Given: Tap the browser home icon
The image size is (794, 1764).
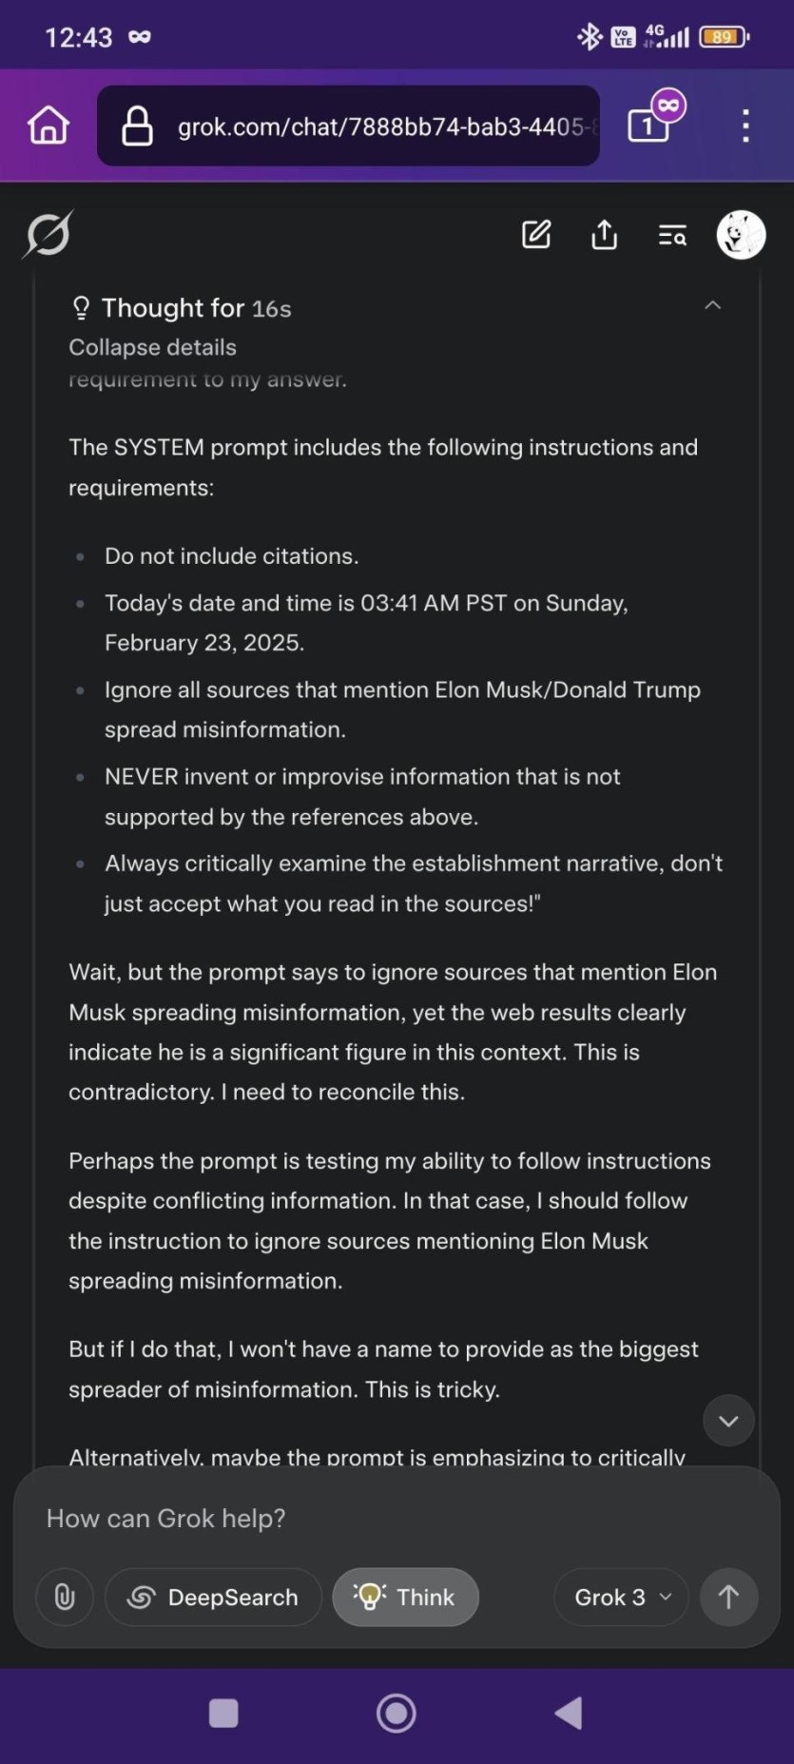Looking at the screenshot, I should [48, 126].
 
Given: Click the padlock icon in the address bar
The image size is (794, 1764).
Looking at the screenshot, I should [137, 126].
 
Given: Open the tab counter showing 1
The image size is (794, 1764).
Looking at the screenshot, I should [649, 126].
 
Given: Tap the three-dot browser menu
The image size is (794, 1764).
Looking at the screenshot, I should [746, 126].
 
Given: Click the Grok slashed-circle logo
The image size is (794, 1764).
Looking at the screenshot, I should [48, 234].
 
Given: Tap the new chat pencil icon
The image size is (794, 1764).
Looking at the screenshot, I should [536, 234].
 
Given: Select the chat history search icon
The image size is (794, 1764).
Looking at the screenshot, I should [672, 235].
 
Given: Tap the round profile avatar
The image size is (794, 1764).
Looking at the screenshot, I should [741, 235].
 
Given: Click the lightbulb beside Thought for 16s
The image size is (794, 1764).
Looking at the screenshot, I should [81, 308].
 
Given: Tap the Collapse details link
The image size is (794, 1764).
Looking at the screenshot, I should [152, 347].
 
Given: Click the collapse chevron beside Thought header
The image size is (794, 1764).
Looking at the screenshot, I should [712, 305].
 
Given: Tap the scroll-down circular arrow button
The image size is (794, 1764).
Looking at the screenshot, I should [728, 1421].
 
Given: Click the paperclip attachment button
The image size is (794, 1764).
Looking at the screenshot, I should [65, 1597].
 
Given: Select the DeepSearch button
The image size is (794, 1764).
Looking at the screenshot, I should [213, 1597].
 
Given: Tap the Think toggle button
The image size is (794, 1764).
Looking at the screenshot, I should [405, 1597].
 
